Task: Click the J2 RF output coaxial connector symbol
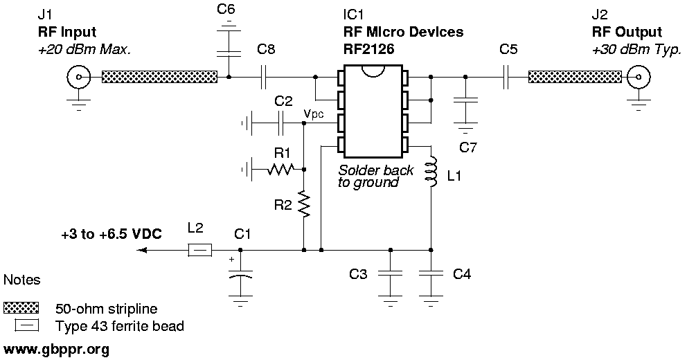tap(636, 77)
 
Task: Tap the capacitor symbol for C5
tap(507, 77)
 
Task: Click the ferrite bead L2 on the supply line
tap(199, 251)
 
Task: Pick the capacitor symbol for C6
tap(229, 52)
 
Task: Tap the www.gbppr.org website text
tap(56, 350)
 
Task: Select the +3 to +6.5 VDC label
tap(111, 235)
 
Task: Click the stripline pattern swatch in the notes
tap(22, 307)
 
